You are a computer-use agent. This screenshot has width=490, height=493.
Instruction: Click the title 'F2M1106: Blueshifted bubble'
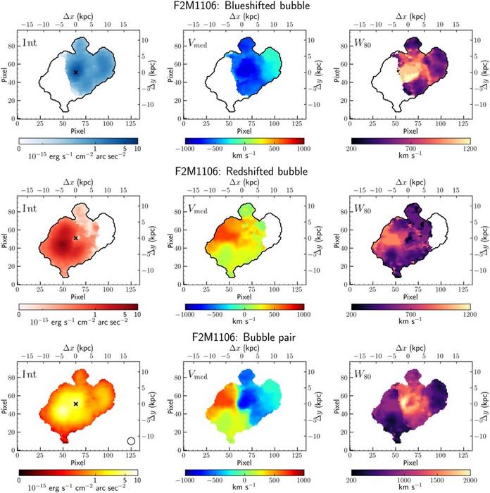point(244,6)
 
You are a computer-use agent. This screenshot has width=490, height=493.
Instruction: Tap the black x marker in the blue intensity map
point(76,73)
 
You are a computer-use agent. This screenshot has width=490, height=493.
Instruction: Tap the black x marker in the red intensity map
point(76,238)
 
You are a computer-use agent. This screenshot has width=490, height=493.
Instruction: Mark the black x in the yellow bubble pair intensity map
point(76,404)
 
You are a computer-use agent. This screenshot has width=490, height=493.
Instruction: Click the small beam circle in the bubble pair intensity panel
point(131,441)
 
